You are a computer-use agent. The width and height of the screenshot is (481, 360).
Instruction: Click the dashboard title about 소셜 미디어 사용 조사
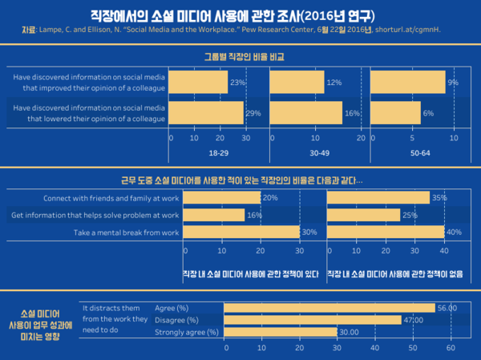point(240,15)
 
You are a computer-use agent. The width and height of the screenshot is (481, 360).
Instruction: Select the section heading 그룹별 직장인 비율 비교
point(240,58)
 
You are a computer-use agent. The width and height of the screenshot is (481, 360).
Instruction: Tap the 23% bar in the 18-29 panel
point(199,82)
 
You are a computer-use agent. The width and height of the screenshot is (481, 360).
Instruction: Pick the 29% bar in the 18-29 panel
point(207,113)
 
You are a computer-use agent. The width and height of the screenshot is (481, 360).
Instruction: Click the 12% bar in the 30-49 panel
point(297,82)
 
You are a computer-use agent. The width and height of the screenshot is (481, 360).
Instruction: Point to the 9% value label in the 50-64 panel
point(452,83)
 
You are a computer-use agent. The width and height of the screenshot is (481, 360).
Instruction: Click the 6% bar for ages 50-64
point(395,113)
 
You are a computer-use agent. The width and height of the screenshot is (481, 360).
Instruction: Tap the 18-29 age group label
point(219,152)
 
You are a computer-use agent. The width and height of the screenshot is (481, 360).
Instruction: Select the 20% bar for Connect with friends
point(223,197)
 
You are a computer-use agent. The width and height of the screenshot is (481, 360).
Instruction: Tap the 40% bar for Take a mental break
point(386,233)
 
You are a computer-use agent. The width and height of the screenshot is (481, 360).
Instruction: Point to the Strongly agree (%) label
point(186,332)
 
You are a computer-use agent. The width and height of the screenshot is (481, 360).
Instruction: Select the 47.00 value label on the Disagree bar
point(414,320)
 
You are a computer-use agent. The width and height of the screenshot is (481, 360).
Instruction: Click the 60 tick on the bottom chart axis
point(451,348)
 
